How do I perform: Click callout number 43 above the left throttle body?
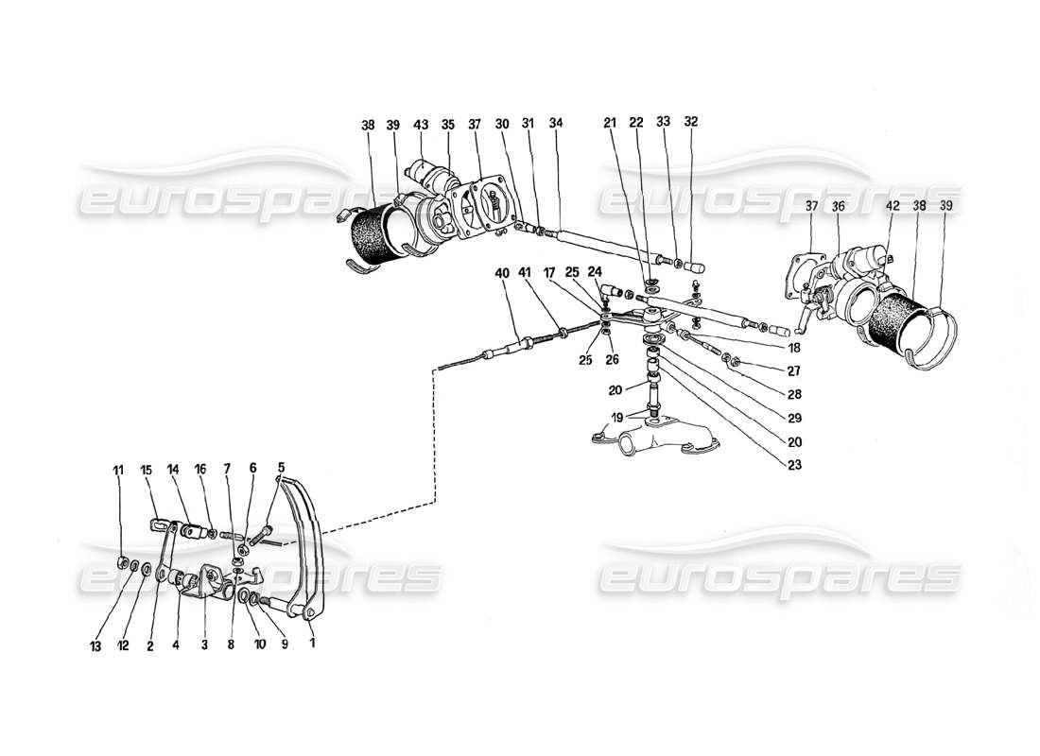click(x=421, y=125)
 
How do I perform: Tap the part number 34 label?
click(x=555, y=125)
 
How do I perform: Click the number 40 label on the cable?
click(x=501, y=273)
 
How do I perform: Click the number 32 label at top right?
click(x=692, y=122)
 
